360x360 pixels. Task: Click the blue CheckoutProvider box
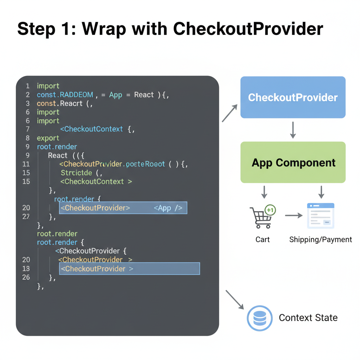[293, 97]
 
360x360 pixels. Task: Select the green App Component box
[293, 162]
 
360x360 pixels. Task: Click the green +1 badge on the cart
[270, 210]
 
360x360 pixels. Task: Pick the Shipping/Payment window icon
[320, 216]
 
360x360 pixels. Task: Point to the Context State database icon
[259, 318]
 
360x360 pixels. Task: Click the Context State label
[308, 318]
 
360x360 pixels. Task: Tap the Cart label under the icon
[263, 240]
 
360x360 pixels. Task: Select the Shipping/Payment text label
[320, 240]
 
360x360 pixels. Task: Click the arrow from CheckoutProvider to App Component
[293, 130]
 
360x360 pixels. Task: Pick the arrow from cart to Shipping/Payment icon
[294, 216]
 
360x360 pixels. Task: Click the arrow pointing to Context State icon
[234, 300]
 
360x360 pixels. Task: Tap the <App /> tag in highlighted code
[168, 208]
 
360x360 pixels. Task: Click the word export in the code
[48, 138]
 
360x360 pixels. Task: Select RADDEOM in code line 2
[76, 95]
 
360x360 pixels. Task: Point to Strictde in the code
[76, 173]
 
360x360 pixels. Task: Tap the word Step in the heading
[36, 29]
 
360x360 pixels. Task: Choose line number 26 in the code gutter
[26, 277]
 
